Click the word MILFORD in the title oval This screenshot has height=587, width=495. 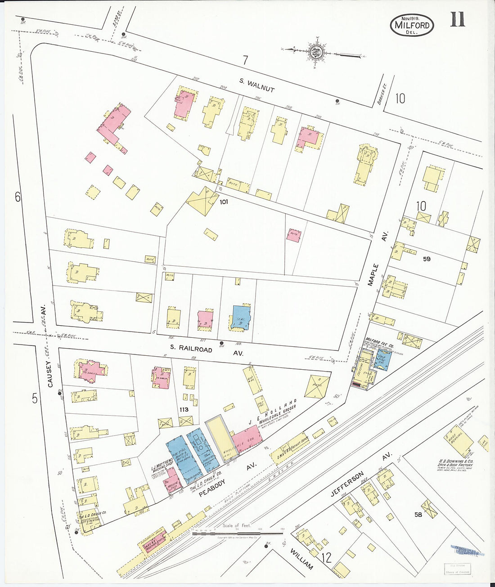coord(412,25)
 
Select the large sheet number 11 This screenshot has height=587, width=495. coord(457,20)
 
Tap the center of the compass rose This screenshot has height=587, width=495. coord(317,52)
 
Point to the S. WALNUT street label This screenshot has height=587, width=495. coord(256,85)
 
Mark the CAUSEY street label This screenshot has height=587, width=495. coord(50,373)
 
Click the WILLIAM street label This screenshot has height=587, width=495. coord(301,559)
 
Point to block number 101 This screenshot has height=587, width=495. coord(224,202)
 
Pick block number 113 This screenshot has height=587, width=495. coord(183,409)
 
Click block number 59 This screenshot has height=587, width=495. coord(427,259)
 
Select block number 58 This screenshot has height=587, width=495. coord(418,515)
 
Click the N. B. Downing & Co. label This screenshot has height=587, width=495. coord(455,461)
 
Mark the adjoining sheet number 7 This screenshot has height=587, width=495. coord(245,60)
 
